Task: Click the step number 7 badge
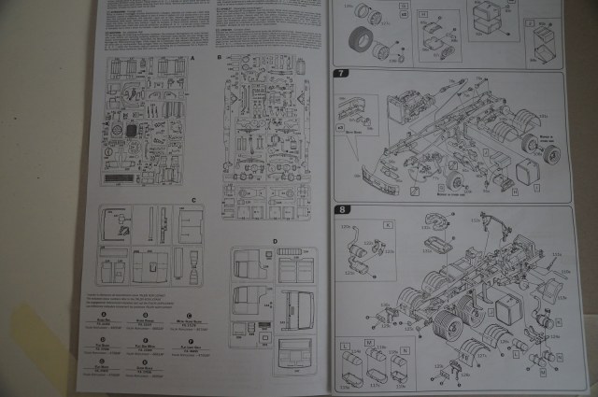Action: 343,73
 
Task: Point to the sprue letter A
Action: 192,58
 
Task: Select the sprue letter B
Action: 219,58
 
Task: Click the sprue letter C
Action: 192,200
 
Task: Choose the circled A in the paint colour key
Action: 111,314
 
